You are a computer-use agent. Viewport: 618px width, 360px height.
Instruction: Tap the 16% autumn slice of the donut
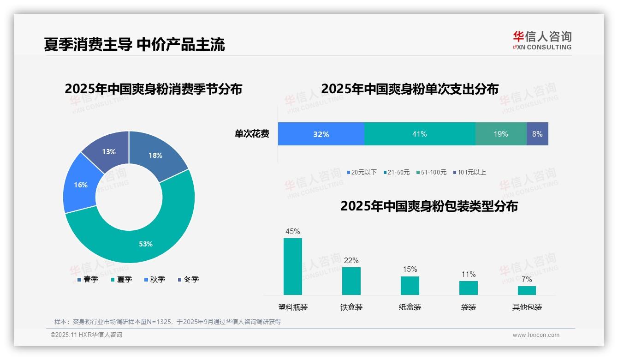click(x=81, y=185)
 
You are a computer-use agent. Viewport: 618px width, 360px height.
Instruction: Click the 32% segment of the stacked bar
click(x=321, y=134)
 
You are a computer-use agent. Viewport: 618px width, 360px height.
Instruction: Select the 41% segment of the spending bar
click(x=420, y=134)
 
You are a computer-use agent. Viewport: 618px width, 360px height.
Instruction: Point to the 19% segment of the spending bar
click(x=501, y=134)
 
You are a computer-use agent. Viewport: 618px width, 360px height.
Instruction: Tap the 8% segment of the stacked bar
click(x=537, y=134)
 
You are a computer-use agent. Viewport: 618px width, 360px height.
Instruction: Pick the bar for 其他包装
click(x=527, y=290)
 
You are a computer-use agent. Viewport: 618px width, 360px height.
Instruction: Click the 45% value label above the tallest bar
click(x=293, y=231)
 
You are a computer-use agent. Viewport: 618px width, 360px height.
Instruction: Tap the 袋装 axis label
click(x=469, y=307)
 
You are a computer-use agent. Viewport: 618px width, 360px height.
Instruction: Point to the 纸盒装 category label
click(x=410, y=307)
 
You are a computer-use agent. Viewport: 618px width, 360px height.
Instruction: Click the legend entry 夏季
click(x=121, y=279)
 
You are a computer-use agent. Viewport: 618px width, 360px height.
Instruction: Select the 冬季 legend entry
click(x=188, y=279)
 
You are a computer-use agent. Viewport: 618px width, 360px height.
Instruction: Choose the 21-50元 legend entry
click(x=396, y=172)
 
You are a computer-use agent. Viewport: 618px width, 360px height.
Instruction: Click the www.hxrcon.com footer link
click(x=536, y=335)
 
